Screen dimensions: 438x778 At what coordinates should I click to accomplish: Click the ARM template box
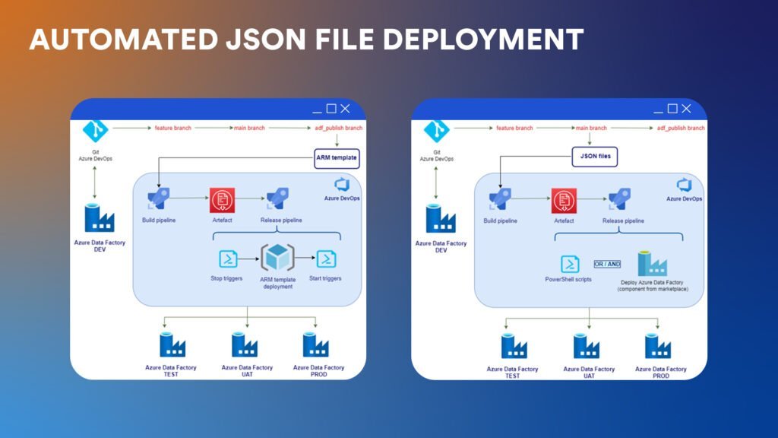tap(337, 157)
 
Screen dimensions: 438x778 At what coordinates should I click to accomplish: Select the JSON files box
tap(593, 157)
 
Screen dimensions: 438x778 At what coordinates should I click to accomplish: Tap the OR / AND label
tap(607, 264)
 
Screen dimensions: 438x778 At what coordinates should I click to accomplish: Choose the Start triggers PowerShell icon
tap(326, 259)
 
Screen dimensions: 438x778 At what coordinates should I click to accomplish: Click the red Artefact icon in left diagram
tap(220, 201)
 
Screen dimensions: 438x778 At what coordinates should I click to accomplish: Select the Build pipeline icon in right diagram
tap(500, 200)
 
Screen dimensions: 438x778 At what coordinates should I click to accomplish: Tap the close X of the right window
tap(686, 109)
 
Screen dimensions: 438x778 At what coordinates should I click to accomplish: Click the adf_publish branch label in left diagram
tap(339, 129)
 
